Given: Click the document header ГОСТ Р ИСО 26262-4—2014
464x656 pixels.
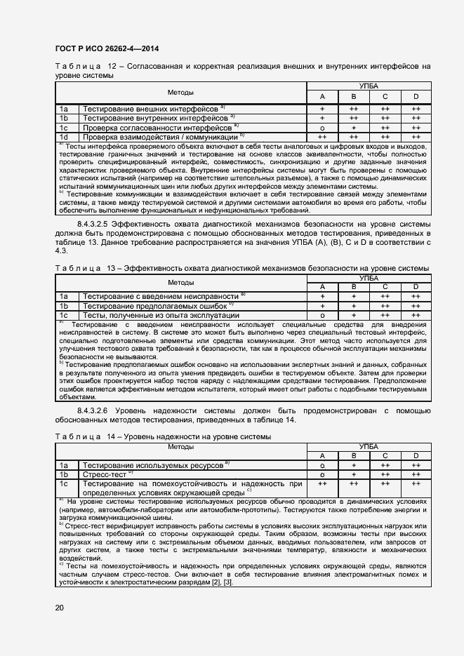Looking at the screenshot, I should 106,48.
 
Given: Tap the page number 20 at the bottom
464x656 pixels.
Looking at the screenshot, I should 60,608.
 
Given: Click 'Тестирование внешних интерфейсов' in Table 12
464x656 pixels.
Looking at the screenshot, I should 150,109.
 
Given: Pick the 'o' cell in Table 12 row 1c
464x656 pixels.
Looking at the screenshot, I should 322,128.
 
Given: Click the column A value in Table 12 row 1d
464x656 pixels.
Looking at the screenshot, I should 322,138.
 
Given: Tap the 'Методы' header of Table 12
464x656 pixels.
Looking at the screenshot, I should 180,93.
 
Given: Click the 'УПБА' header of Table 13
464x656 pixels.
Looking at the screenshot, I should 369,278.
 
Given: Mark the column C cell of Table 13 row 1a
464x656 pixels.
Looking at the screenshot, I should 385,297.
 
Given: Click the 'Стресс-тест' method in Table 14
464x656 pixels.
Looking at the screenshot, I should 104,474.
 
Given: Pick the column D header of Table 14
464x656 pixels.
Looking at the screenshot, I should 416,456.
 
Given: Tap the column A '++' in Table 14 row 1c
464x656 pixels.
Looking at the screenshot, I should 322,484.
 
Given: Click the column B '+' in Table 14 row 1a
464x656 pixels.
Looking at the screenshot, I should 354,465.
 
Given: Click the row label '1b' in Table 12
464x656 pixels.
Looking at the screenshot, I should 64,119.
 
